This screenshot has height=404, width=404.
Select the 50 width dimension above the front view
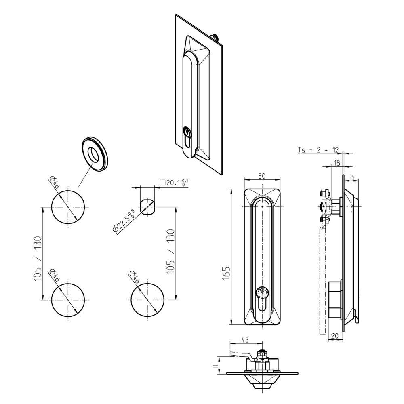[x=262, y=177]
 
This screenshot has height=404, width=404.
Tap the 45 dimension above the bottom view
[x=244, y=340]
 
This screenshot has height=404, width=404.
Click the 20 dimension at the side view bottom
[x=335, y=335]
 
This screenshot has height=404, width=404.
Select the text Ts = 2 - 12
[x=318, y=150]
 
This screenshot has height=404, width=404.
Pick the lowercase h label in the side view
[x=352, y=177]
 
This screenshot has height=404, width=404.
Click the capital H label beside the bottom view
[x=216, y=366]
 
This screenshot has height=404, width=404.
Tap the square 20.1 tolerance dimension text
[x=174, y=182]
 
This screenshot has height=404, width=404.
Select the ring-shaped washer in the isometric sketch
[x=95, y=154]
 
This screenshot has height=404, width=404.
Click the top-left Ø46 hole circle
[x=69, y=206]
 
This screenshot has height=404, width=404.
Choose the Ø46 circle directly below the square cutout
[x=148, y=300]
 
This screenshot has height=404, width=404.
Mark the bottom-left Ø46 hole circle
[x=69, y=300]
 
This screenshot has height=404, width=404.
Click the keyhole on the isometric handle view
[x=187, y=133]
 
